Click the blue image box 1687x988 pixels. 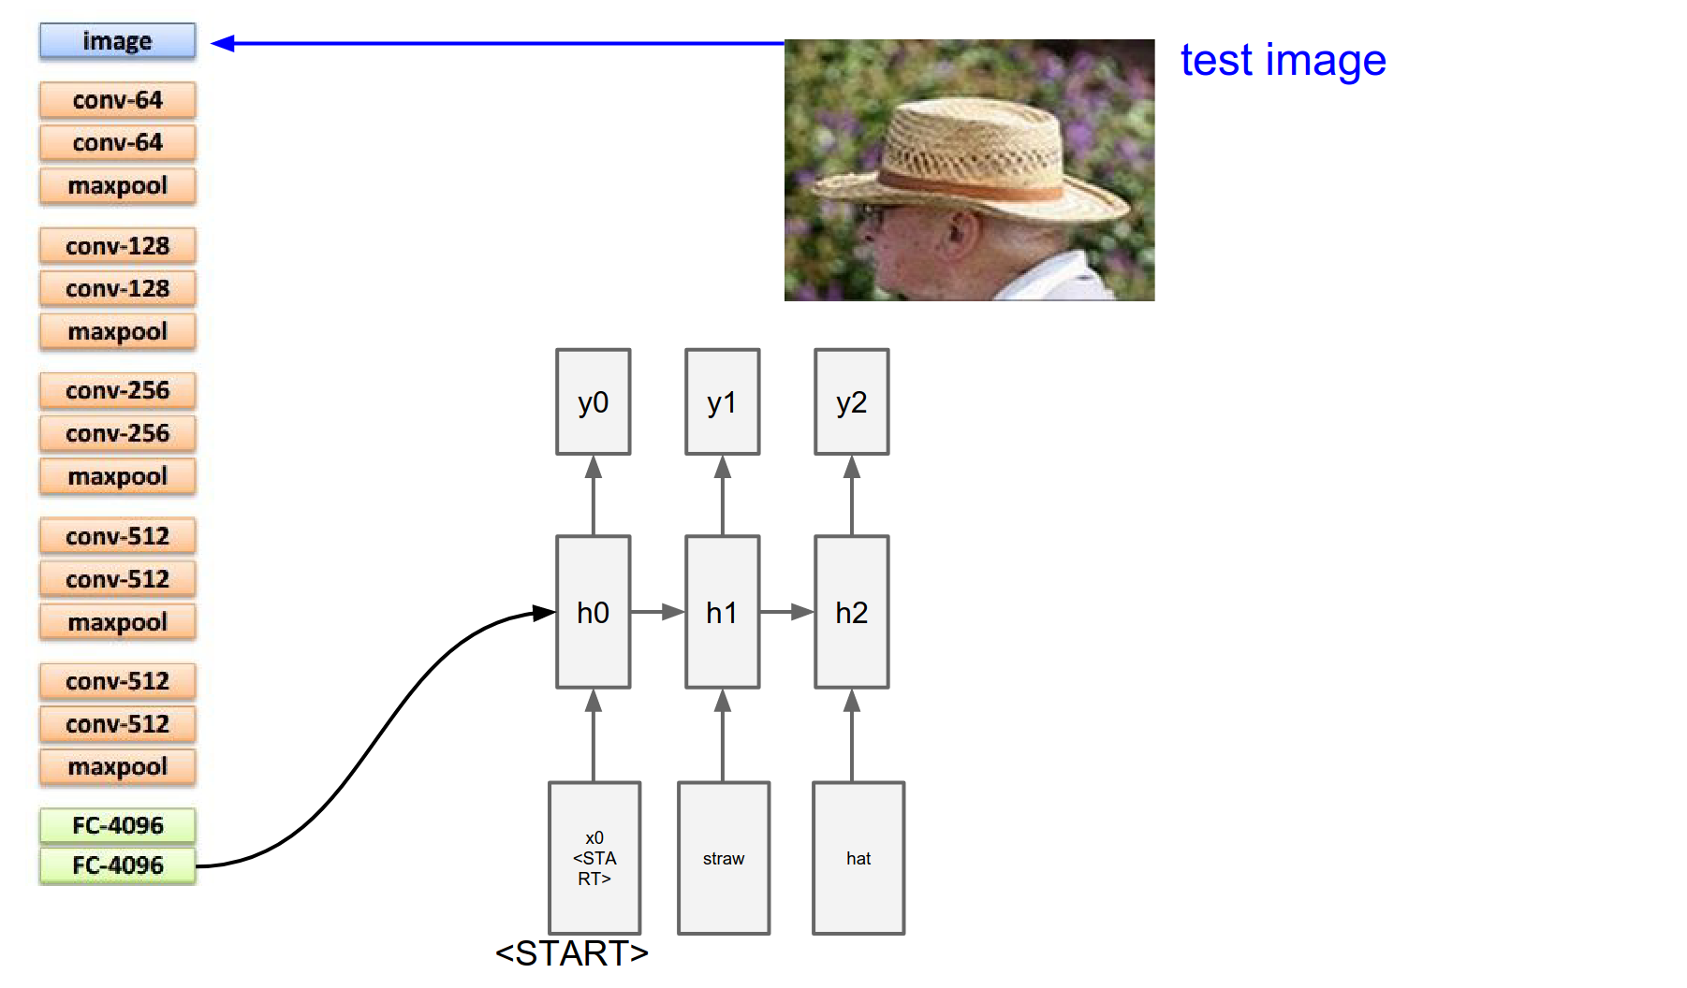pos(117,41)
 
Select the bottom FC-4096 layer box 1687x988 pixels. pos(117,865)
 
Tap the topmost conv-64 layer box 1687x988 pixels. pos(117,100)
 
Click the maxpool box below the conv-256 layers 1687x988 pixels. pos(117,476)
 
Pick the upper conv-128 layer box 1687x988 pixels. pos(117,246)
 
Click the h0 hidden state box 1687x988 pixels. pos(593,612)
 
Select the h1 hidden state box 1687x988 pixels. pos(722,612)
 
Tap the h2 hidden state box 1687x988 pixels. pos(851,612)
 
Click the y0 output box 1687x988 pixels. pos(593,402)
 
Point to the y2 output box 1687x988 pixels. pos(851,402)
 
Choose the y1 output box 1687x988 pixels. pos(722,402)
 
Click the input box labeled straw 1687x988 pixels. pos(724,858)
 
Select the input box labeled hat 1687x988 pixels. pos(858,858)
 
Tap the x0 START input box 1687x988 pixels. pos(594,858)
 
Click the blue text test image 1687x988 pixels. pos(1283,61)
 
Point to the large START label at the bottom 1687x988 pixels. pos(571,953)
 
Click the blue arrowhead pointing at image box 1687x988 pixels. pos(223,43)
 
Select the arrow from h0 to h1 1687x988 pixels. pos(657,612)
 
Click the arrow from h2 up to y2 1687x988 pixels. pos(851,496)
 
